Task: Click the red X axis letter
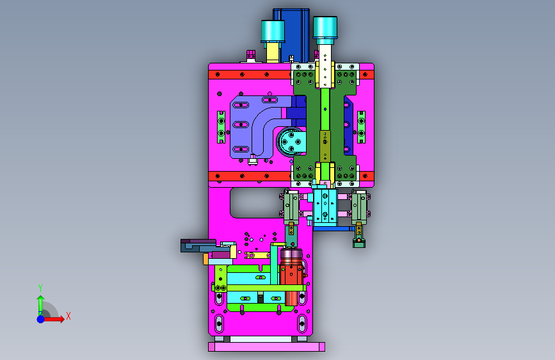click(68, 316)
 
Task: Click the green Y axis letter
click(40, 288)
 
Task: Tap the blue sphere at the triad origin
click(41, 319)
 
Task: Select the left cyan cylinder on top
click(273, 31)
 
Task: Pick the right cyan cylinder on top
click(325, 28)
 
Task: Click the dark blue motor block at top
click(291, 35)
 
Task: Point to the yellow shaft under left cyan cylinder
click(273, 53)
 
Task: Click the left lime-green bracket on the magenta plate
click(221, 127)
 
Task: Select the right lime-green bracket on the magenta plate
click(361, 127)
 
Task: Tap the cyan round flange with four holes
click(291, 142)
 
